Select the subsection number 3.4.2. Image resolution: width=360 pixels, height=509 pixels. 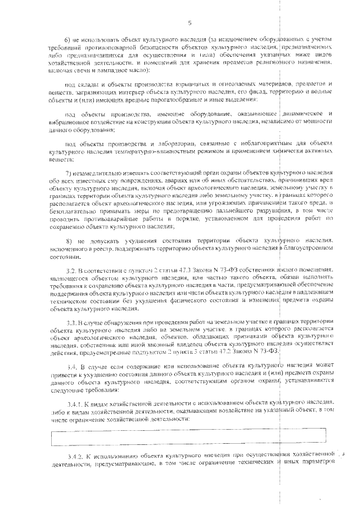73,454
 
